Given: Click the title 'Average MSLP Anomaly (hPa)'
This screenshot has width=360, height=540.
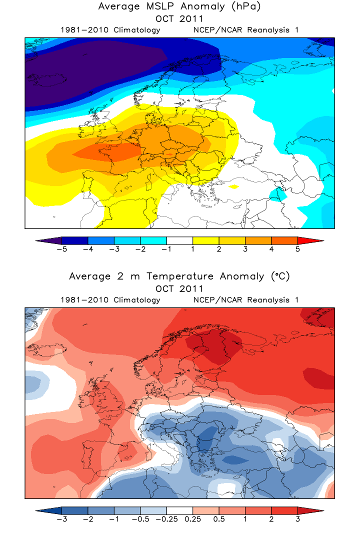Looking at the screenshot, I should tap(179, 6).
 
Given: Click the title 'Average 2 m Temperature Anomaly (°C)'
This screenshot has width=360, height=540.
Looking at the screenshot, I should tap(179, 276).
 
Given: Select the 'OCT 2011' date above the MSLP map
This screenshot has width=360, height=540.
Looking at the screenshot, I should tap(179, 19).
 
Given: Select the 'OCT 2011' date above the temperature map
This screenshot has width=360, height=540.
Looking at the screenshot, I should tap(179, 288).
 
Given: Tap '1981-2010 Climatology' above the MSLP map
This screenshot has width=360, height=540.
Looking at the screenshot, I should tap(110, 30).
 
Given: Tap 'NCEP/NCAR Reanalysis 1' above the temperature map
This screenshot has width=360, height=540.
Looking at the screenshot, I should tap(245, 300).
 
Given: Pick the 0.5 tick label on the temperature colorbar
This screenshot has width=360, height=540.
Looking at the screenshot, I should tap(219, 519).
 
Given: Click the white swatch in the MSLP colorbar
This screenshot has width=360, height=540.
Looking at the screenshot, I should tap(179, 240).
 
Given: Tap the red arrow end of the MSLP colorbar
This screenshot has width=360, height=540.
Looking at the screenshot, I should tap(310, 240).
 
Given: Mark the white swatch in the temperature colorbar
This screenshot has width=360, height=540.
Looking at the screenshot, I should tap(179, 510).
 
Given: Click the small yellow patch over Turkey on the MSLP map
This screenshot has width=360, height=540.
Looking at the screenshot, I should tap(233, 186).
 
